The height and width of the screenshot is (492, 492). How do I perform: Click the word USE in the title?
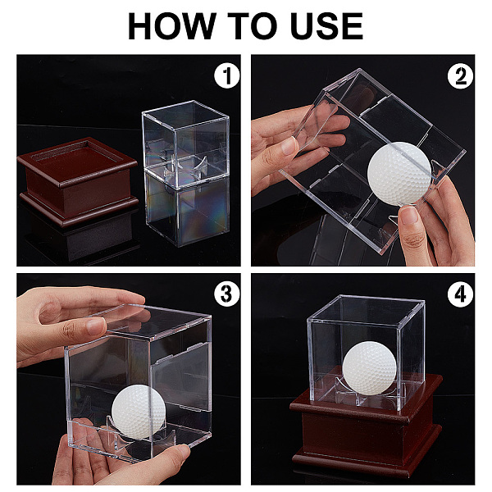click(x=326, y=25)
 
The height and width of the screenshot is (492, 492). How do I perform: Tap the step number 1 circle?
click(x=227, y=75)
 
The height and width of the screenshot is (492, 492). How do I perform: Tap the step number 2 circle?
click(x=460, y=76)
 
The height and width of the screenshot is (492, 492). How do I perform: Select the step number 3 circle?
click(x=227, y=294)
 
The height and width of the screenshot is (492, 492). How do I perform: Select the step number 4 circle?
click(x=460, y=294)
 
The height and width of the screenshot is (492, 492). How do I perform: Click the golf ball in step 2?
click(x=399, y=174)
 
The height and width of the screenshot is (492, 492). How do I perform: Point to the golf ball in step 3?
click(x=139, y=412)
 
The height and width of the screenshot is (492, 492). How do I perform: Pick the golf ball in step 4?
click(x=369, y=368)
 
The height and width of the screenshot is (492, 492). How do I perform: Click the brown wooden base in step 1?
click(x=78, y=181)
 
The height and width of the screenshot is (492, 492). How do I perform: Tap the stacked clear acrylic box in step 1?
click(x=186, y=173)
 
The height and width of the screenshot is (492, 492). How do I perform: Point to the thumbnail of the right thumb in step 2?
click(x=410, y=216)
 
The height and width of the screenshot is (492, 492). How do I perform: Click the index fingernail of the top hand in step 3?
click(x=96, y=326)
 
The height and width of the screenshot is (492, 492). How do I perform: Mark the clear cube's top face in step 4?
click(x=367, y=308)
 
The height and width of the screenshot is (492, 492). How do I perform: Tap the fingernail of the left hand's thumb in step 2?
click(x=289, y=146)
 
